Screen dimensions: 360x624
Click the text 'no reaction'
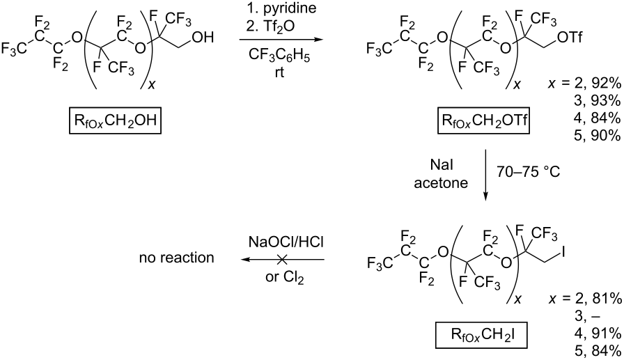(176, 258)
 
